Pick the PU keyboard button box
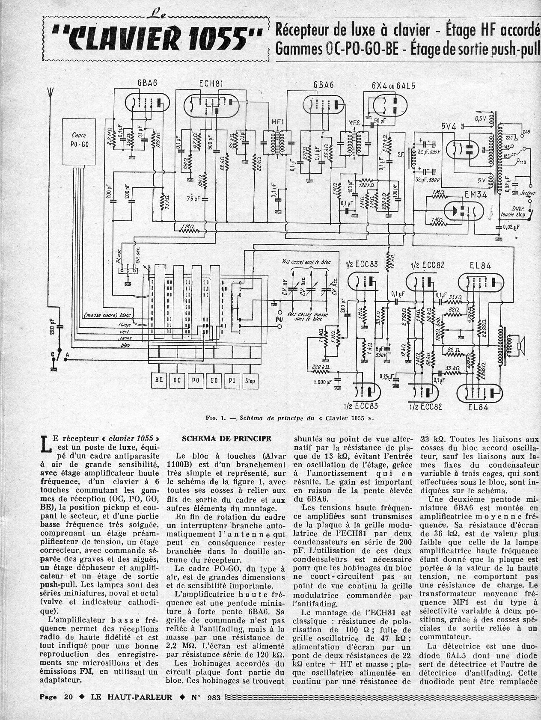coord(232,380)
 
